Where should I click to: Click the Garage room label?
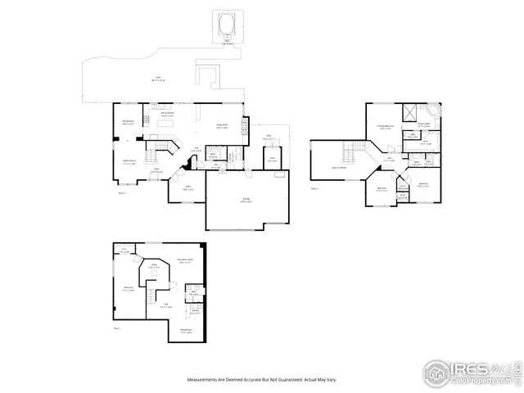point(246,200)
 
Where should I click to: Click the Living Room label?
point(222,126)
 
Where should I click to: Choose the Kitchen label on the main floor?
point(167,115)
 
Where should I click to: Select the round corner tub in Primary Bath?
point(433,112)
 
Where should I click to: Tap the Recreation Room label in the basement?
point(185,261)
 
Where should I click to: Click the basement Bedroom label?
point(129,288)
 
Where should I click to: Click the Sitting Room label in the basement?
point(186,332)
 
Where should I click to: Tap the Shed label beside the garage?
point(272,160)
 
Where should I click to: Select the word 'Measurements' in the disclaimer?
point(202,380)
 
